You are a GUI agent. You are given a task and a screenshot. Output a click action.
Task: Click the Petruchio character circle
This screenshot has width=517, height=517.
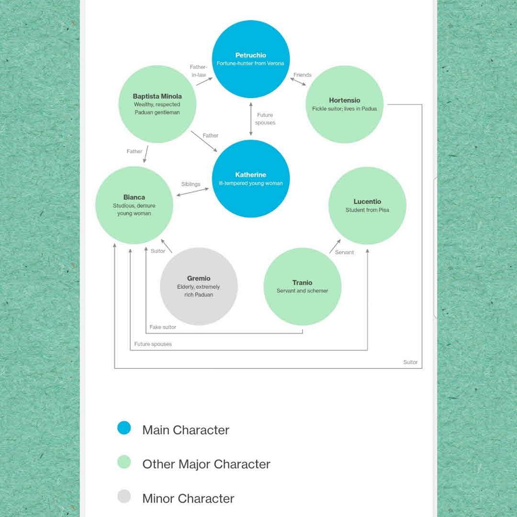(251, 59)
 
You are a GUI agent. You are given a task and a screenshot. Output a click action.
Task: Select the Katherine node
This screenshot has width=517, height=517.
(251, 179)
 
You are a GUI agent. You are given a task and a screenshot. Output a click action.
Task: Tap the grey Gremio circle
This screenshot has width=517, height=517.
(199, 286)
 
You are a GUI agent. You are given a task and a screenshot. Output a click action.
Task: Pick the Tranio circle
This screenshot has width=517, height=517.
(303, 286)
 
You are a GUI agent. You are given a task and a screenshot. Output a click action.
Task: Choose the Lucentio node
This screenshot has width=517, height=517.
(367, 205)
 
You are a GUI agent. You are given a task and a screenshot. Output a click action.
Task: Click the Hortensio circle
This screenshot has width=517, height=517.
(344, 104)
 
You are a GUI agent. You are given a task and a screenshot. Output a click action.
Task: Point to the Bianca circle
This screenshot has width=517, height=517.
(134, 205)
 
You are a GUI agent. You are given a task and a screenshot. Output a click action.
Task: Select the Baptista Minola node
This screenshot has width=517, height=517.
(157, 104)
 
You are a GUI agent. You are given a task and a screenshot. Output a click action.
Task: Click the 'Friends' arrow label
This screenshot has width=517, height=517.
(303, 75)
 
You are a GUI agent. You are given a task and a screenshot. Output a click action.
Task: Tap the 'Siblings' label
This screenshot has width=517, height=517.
(191, 184)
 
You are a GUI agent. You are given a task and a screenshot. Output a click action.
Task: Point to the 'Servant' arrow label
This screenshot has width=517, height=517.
(344, 252)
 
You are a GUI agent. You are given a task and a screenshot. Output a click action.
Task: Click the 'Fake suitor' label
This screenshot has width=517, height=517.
(163, 327)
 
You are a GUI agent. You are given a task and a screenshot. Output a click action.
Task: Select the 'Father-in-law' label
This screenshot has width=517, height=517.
(198, 71)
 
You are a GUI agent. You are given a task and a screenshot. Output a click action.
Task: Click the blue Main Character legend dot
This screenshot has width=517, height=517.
(124, 428)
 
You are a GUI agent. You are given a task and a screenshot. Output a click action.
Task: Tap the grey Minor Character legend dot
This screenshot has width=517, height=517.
(124, 496)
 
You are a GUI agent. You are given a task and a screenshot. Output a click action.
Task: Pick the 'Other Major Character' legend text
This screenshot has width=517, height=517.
(206, 464)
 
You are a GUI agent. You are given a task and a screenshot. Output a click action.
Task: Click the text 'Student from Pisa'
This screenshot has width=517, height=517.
(367, 210)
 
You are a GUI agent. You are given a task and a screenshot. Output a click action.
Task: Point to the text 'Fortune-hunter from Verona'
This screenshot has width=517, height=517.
(250, 64)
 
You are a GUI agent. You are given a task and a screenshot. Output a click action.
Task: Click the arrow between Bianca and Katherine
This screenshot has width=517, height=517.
(193, 192)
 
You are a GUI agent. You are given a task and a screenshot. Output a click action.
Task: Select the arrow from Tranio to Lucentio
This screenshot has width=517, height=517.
(335, 246)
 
